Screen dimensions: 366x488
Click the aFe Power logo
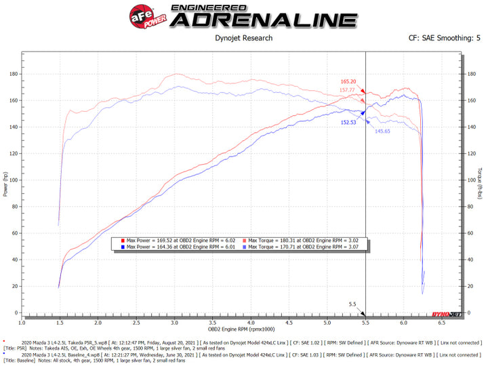click(x=142, y=15)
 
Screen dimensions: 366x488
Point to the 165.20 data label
click(x=348, y=81)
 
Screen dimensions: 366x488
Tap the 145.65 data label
click(x=384, y=131)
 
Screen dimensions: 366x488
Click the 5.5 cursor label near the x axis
click(x=352, y=305)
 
